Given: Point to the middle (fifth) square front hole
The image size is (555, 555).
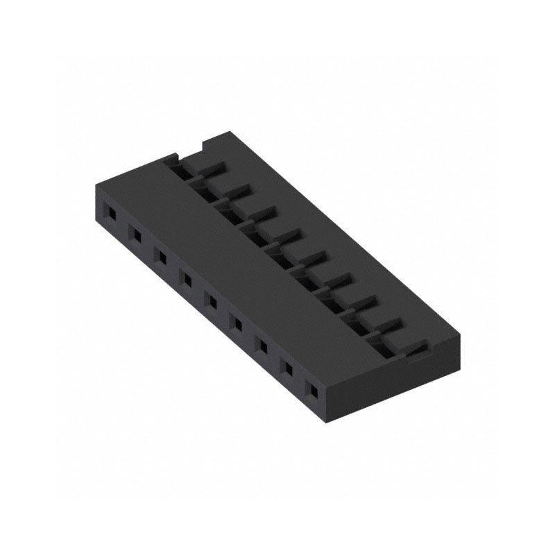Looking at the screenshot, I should pos(212,302).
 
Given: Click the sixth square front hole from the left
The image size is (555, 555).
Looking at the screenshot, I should pos(237,323).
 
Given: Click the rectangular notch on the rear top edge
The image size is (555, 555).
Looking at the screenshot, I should pos(195,148).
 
